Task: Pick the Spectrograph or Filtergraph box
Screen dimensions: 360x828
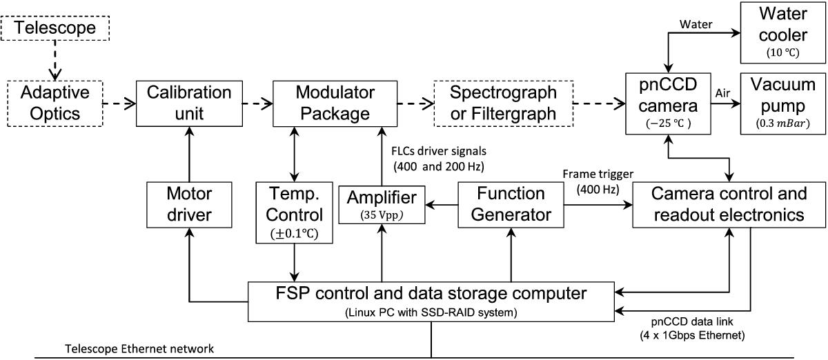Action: point(504,103)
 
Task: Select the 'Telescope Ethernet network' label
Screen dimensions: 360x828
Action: point(139,349)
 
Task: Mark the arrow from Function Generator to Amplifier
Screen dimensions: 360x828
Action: point(442,205)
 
